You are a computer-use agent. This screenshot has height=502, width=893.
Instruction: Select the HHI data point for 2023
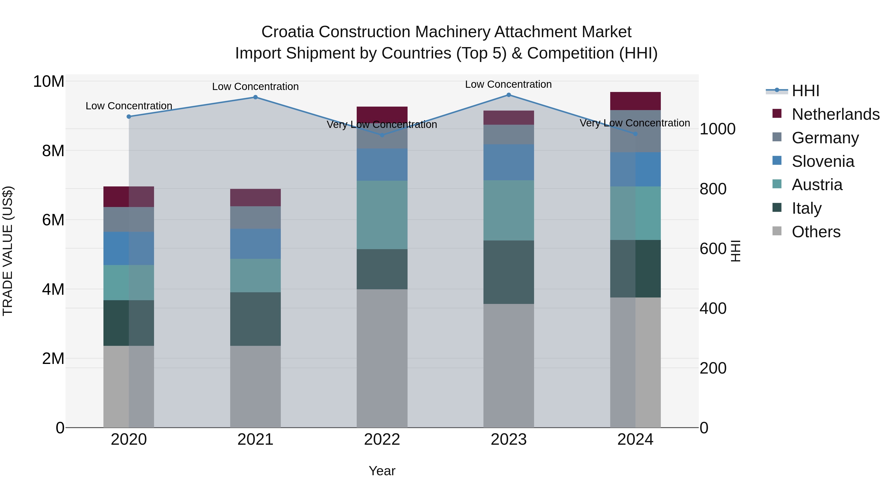(x=509, y=95)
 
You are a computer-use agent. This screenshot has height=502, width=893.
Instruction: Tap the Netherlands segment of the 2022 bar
(x=382, y=114)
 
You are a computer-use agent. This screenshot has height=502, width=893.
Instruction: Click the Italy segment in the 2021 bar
(x=255, y=319)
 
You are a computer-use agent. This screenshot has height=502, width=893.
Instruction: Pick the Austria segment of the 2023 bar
(x=509, y=210)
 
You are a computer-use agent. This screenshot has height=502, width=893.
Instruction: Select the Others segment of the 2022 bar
(x=382, y=358)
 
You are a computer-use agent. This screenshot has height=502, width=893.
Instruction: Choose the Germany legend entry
(x=825, y=138)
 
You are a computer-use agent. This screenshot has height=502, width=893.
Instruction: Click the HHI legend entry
(x=805, y=91)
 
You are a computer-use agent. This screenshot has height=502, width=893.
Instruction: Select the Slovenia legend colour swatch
(x=777, y=160)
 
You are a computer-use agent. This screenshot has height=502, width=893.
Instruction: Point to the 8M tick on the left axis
(x=53, y=151)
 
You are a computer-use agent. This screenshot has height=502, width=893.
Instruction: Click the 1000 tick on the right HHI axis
(x=717, y=129)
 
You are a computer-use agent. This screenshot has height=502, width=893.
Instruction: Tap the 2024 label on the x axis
(x=635, y=440)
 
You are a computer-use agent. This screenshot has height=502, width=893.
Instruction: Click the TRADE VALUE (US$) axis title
(x=8, y=251)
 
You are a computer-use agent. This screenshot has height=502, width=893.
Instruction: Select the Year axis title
(x=382, y=471)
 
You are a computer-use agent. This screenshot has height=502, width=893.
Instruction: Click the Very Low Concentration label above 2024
(x=635, y=123)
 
